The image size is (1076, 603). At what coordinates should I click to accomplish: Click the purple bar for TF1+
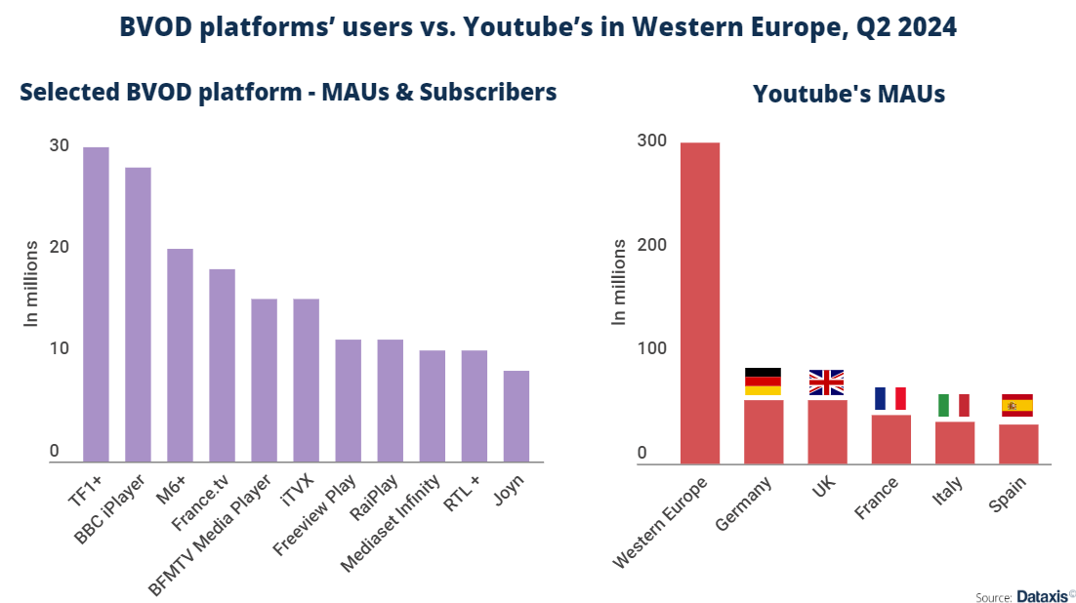(96, 304)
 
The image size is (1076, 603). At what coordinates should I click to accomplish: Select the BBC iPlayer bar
(138, 314)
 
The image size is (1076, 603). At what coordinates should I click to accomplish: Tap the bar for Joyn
(516, 416)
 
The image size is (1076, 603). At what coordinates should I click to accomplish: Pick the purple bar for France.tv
(222, 365)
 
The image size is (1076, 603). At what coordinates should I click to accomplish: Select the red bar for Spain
(1017, 444)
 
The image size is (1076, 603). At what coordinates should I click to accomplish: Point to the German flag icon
(763, 382)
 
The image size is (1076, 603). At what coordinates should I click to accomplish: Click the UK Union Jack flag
(826, 382)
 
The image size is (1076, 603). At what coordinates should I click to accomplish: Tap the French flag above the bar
(890, 398)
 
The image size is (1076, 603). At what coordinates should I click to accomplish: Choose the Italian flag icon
(953, 405)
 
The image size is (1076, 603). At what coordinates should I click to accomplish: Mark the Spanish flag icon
(1017, 405)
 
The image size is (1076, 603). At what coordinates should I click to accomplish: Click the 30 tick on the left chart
(60, 145)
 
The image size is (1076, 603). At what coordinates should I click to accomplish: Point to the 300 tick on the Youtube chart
(651, 141)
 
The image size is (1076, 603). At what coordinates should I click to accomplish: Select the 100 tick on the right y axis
(651, 349)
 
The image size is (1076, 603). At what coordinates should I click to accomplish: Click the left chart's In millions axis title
(31, 282)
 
